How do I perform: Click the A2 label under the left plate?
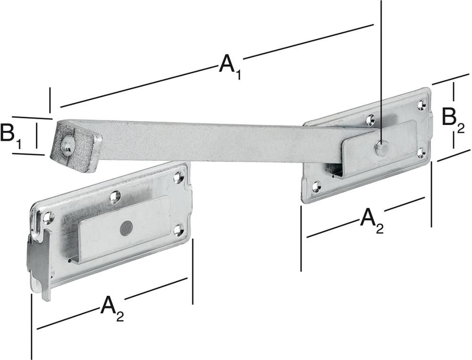(112, 309)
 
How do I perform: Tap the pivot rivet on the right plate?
(381, 148)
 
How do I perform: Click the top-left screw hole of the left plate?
(47, 218)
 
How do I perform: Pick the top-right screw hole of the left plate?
(178, 177)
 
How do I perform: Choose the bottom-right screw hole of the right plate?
(421, 151)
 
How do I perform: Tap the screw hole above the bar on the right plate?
(371, 120)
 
